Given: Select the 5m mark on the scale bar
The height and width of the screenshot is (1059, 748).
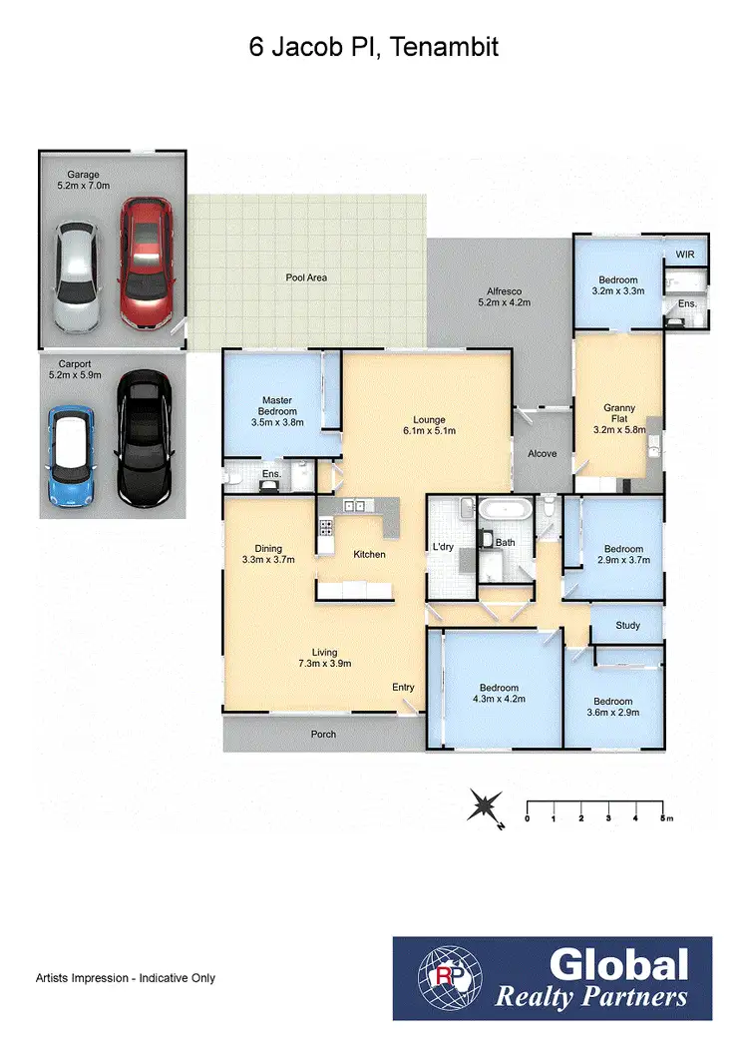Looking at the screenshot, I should pyautogui.click(x=663, y=818).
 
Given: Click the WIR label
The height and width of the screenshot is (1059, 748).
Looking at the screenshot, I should pyautogui.click(x=684, y=255).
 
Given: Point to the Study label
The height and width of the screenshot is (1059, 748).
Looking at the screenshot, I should pyautogui.click(x=626, y=626).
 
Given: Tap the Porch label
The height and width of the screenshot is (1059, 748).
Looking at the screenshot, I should pyautogui.click(x=323, y=734).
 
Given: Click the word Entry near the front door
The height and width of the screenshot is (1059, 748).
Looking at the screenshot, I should pyautogui.click(x=403, y=687).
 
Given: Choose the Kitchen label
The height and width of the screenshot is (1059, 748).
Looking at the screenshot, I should pyautogui.click(x=368, y=554).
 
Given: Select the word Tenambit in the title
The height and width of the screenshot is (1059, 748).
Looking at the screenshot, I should pyautogui.click(x=444, y=47).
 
